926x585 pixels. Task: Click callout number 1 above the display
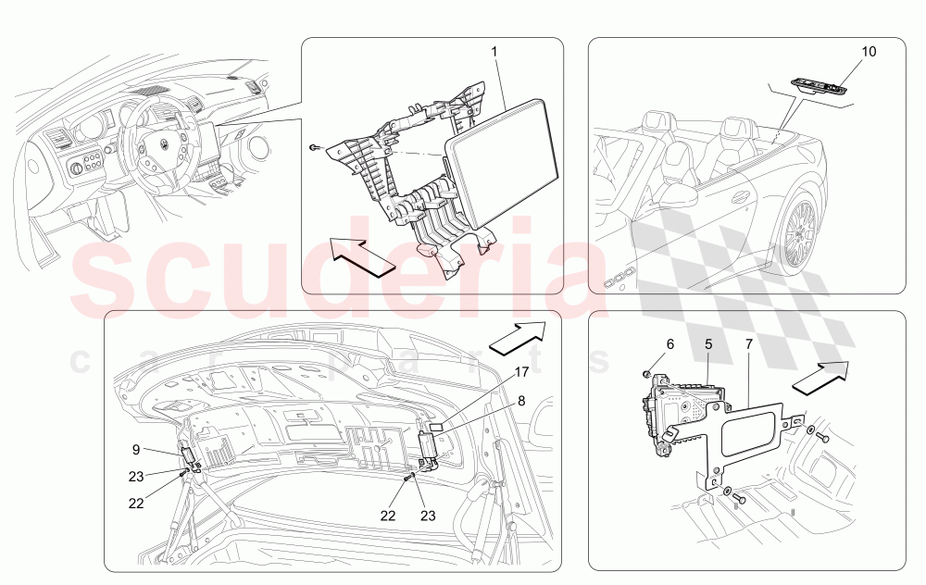pyautogui.click(x=494, y=51)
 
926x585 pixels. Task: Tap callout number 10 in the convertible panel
pyautogui.click(x=869, y=51)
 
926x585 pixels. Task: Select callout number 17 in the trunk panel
pyautogui.click(x=521, y=372)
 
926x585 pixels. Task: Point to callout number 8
pyautogui.click(x=521, y=402)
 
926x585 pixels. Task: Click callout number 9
pyautogui.click(x=136, y=450)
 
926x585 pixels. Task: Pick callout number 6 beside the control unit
pyautogui.click(x=669, y=344)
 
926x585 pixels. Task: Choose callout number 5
pyautogui.click(x=708, y=344)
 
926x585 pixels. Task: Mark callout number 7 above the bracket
pyautogui.click(x=749, y=344)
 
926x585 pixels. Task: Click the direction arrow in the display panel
pyautogui.click(x=361, y=256)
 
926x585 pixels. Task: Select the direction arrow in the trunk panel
pyautogui.click(x=517, y=338)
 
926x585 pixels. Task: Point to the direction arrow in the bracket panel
pyautogui.click(x=820, y=377)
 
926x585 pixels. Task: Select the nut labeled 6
pyautogui.click(x=647, y=374)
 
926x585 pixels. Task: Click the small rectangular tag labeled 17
pyautogui.click(x=436, y=426)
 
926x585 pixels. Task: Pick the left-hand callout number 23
pyautogui.click(x=136, y=477)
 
